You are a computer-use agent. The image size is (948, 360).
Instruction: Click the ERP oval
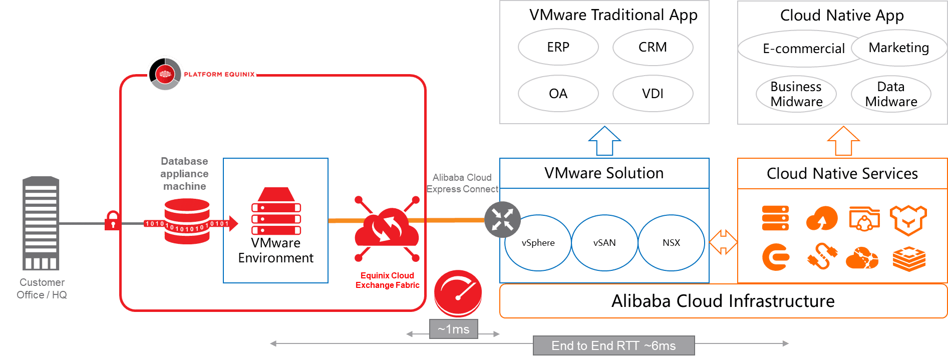click(x=558, y=47)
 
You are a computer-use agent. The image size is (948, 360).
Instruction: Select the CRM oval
click(x=653, y=47)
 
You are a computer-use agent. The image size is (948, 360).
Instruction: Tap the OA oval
click(x=558, y=94)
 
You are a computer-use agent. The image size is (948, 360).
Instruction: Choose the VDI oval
click(x=653, y=94)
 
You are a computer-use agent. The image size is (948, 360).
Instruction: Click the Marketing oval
click(x=899, y=48)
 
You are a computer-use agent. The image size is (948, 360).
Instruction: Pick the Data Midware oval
click(x=891, y=94)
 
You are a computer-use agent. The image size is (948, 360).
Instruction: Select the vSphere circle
click(x=538, y=243)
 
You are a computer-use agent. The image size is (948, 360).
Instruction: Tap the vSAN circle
click(x=604, y=243)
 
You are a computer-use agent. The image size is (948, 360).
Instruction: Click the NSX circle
click(x=671, y=243)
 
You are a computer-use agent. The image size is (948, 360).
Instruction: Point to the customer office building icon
click(x=41, y=223)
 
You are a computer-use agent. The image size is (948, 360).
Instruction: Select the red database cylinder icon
click(x=187, y=221)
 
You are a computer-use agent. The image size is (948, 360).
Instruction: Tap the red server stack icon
click(x=276, y=212)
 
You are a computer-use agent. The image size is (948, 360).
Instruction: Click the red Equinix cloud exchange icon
click(x=387, y=229)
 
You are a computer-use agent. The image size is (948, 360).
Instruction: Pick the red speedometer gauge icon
click(x=458, y=293)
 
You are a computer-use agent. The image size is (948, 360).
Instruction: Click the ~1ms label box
click(x=453, y=329)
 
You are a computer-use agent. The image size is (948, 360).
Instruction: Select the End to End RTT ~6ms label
click(x=613, y=345)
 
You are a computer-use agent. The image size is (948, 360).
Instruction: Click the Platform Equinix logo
click(x=201, y=74)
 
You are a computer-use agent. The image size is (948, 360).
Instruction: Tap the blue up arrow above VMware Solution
click(x=604, y=141)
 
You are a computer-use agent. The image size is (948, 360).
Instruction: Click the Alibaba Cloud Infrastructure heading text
click(x=723, y=301)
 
